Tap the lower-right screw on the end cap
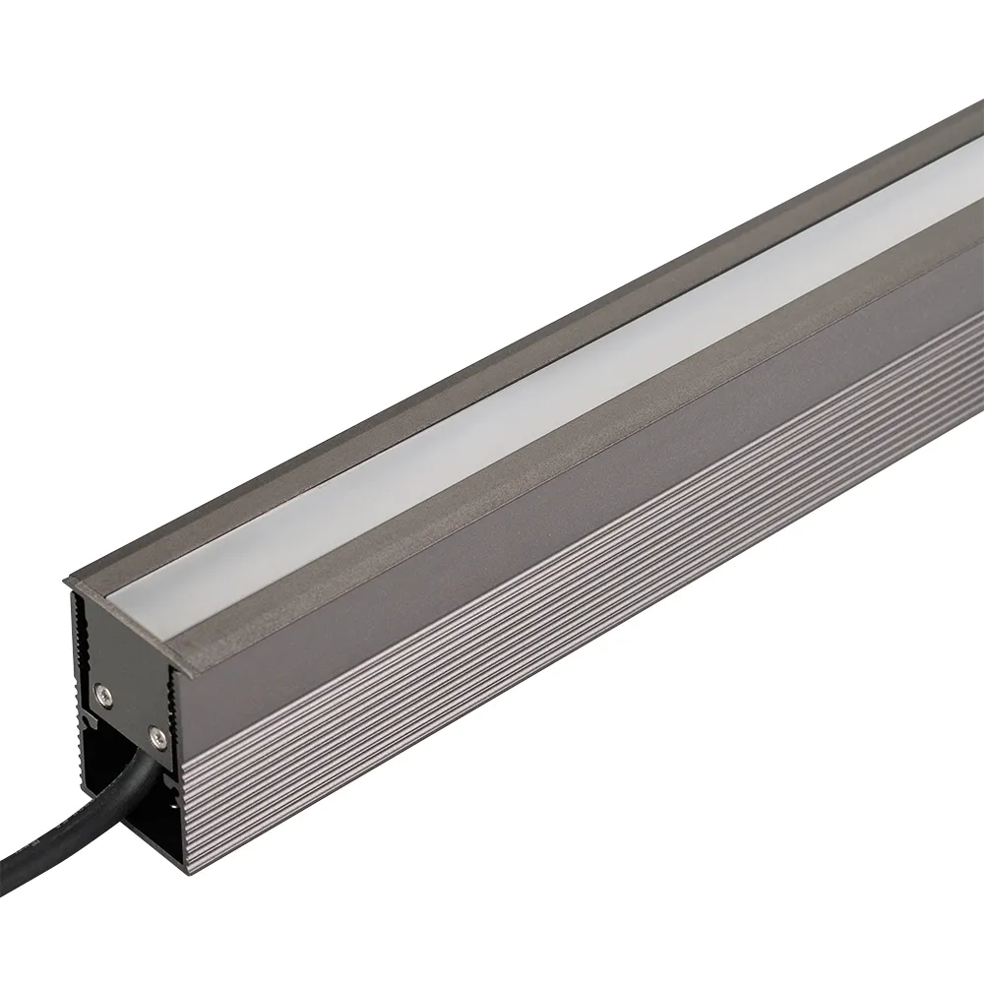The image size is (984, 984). pyautogui.click(x=154, y=732)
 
